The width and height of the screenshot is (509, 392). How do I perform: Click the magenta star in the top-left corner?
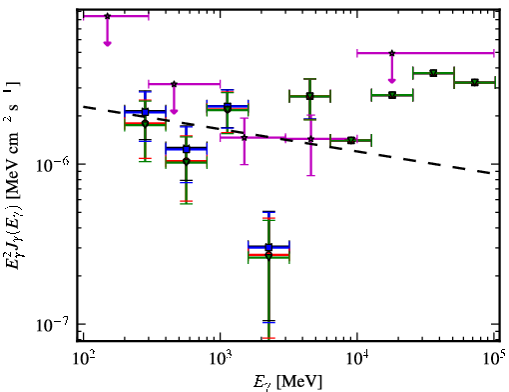[x=107, y=16]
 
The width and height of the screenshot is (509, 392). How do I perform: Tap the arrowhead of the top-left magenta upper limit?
[x=107, y=43]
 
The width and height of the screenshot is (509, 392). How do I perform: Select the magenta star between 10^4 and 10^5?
[x=392, y=53]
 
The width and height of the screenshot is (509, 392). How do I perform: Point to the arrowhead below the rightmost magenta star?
[x=392, y=80]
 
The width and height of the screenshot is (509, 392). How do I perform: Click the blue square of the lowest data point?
[x=268, y=247]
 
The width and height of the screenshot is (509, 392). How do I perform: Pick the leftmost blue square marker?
[x=145, y=112]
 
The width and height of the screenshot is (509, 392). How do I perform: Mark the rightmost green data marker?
[x=475, y=82]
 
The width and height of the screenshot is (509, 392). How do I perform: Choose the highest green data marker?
[x=433, y=73]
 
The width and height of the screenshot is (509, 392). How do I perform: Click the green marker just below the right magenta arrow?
[x=392, y=95]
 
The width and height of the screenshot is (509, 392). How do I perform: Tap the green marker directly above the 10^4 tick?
[x=350, y=140]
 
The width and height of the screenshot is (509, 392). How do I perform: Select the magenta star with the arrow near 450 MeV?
[x=174, y=84]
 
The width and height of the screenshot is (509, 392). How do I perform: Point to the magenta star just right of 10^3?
[x=245, y=137]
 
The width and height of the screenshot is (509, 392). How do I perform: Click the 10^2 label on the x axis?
[x=83, y=358]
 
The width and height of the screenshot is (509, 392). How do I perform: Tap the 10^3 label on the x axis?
[x=220, y=358]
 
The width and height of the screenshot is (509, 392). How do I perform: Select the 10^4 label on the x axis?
[x=357, y=358]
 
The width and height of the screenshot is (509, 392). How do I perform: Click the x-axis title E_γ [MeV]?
[x=287, y=382]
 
